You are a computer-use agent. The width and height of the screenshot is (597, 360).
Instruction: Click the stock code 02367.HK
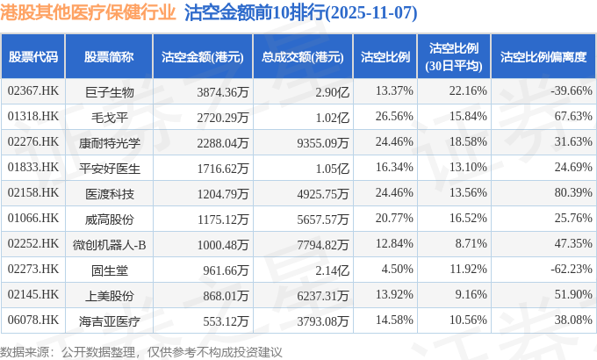[x=32, y=90]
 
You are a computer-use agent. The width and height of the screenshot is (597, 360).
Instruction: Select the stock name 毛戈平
[x=109, y=116]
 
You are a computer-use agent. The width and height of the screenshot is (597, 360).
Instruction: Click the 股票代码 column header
[x=33, y=57]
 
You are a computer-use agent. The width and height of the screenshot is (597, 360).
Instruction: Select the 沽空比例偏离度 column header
[x=543, y=57]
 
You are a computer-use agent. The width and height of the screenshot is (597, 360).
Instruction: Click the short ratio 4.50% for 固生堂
[x=394, y=269]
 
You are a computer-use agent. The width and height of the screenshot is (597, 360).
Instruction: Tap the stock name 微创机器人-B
[x=109, y=243]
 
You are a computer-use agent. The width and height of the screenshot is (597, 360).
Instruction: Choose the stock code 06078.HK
[x=32, y=320]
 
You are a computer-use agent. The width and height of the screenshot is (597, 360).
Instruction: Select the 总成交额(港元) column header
[x=301, y=57]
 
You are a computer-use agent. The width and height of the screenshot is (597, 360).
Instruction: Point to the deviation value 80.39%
[x=571, y=192]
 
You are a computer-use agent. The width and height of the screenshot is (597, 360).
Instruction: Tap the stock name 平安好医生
[x=109, y=167]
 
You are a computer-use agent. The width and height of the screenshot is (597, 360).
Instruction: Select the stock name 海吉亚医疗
[x=109, y=320]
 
